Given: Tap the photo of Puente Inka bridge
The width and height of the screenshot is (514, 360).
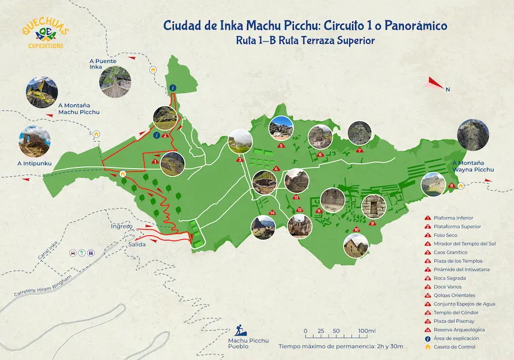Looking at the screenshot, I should [115, 82].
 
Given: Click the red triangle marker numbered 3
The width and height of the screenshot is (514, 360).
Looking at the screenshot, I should [239, 160].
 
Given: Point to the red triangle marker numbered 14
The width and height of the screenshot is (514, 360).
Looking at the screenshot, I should [272, 212].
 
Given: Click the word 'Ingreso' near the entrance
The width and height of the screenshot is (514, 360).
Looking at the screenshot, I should [121, 226].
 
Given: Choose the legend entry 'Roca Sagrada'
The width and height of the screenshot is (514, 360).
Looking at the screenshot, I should [447, 278].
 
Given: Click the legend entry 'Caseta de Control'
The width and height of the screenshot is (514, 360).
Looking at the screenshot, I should [454, 347].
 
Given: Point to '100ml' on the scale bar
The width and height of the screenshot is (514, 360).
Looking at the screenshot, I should [366, 331].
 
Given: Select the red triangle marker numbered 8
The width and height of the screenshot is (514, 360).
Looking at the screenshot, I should [451, 185].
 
